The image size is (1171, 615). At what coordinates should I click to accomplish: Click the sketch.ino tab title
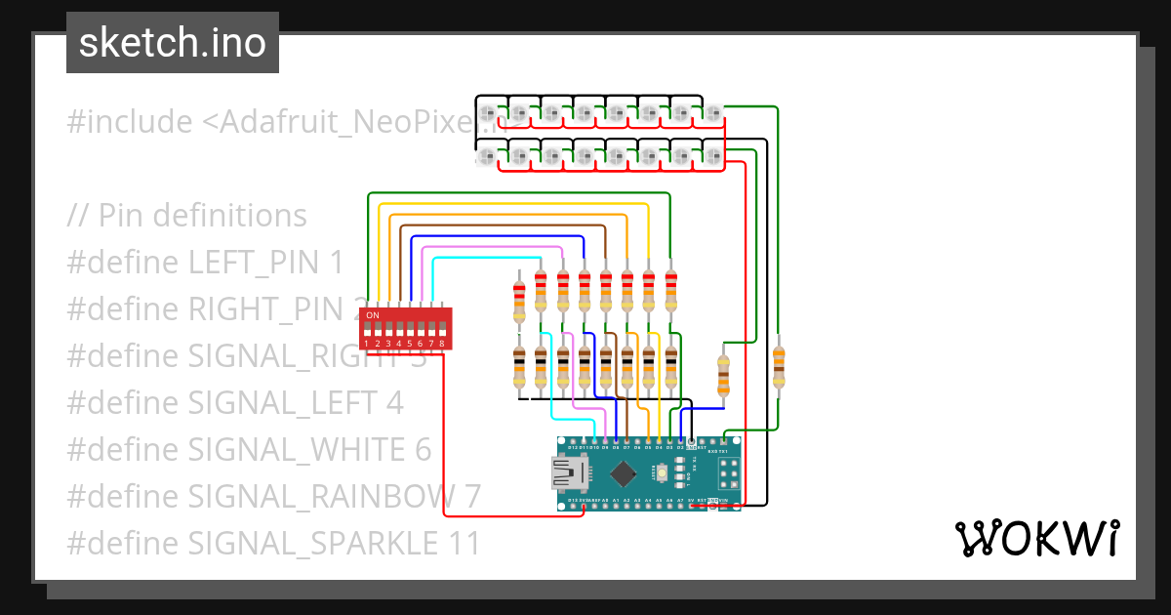(x=173, y=43)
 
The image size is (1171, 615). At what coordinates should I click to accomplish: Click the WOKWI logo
(x=1035, y=539)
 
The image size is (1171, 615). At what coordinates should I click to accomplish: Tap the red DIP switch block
(x=404, y=328)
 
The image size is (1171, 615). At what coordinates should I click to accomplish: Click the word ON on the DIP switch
(x=372, y=315)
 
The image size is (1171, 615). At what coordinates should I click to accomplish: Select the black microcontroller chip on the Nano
(x=622, y=474)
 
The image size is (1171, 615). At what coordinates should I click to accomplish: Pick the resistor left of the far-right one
(x=723, y=376)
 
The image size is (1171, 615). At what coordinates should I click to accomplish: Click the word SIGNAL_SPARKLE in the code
(x=311, y=544)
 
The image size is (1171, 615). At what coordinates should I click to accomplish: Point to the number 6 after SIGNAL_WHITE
(x=422, y=450)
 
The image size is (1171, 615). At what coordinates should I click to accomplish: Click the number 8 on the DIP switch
(x=442, y=344)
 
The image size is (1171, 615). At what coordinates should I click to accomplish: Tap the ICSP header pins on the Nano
(x=727, y=474)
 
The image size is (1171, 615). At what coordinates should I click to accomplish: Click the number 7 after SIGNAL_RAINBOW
(x=471, y=497)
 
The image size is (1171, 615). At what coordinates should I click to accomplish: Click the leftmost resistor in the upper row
(x=519, y=301)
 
